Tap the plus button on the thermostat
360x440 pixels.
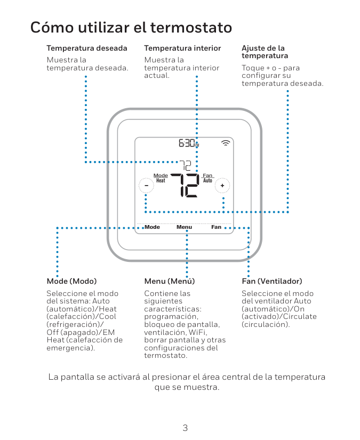click(x=222, y=185)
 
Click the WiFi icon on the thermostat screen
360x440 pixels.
click(x=226, y=142)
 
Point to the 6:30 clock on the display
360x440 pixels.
click(x=188, y=143)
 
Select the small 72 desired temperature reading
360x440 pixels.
click(x=185, y=166)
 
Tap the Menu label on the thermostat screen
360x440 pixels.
click(x=185, y=227)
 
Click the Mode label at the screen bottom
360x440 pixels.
click(x=152, y=227)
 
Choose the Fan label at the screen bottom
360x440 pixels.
click(x=216, y=227)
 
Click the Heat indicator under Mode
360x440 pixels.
click(x=161, y=181)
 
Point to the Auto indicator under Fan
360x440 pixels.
click(x=207, y=181)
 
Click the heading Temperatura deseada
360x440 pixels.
click(x=87, y=48)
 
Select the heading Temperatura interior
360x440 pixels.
click(x=182, y=48)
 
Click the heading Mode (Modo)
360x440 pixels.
click(x=71, y=281)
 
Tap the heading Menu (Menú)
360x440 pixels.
click(x=170, y=281)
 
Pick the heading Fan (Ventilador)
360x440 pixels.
click(x=272, y=281)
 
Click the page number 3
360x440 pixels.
click(x=185, y=428)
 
